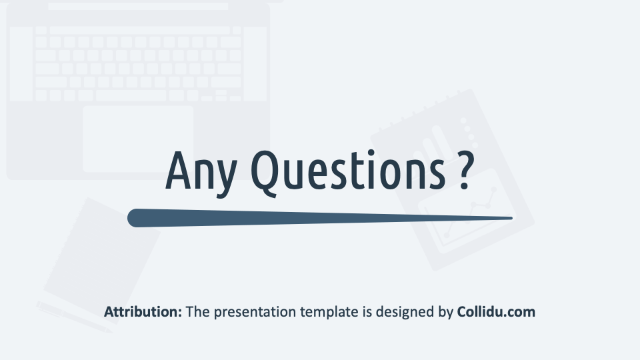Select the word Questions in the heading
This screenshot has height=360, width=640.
tap(348, 172)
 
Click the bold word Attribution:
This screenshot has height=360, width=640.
tap(143, 312)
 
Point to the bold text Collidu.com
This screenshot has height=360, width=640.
tap(496, 312)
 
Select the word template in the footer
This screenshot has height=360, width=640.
tap(329, 313)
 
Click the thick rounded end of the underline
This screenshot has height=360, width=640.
tap(135, 218)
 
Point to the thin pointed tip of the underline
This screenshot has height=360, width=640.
tap(511, 219)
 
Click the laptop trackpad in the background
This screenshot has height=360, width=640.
tap(138, 139)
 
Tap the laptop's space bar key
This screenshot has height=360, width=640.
tap(131, 95)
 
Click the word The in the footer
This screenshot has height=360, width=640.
tap(197, 312)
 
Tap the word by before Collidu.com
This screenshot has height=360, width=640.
tap(446, 313)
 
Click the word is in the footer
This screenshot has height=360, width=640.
tap(367, 312)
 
